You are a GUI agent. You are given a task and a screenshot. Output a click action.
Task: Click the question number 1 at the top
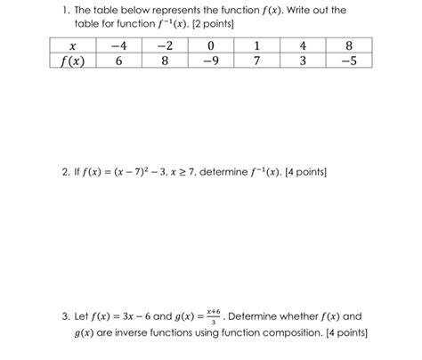coord(52,10)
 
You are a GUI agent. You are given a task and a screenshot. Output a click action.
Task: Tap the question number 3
coord(52,316)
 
